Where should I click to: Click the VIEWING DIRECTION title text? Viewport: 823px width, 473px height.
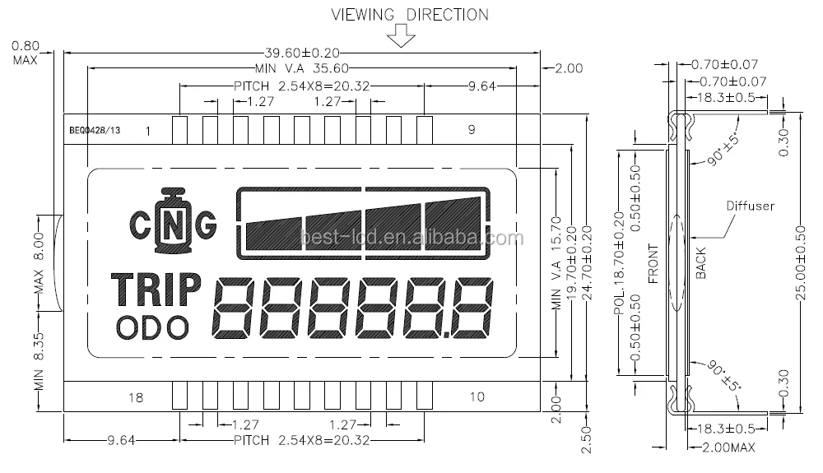[x=409, y=14]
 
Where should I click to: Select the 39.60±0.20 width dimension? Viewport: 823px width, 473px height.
[x=301, y=51]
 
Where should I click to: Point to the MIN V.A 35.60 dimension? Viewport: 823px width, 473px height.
[x=301, y=68]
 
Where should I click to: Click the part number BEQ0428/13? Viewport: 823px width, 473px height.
[x=95, y=130]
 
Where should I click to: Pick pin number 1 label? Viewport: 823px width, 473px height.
[x=147, y=131]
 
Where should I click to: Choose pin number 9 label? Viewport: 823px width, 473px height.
[x=471, y=129]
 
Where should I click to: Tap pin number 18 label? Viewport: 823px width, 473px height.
[x=136, y=397]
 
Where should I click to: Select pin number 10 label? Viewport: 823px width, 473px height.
[x=477, y=397]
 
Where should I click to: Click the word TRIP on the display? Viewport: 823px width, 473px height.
[x=156, y=290]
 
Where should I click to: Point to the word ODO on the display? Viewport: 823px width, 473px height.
[x=151, y=327]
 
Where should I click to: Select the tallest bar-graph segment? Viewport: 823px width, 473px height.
[x=452, y=223]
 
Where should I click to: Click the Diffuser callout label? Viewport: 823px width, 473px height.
[x=749, y=206]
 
